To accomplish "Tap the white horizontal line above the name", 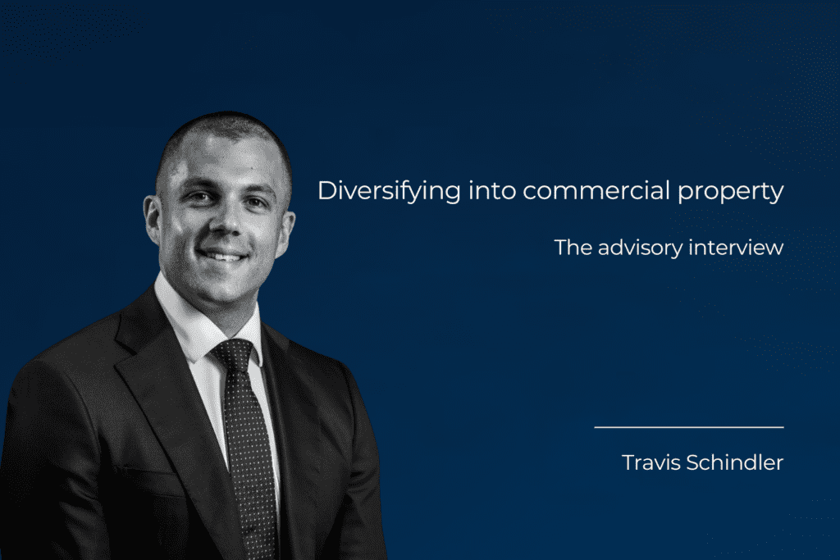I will pos(688,427).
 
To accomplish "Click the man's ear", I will pos(153,220).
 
